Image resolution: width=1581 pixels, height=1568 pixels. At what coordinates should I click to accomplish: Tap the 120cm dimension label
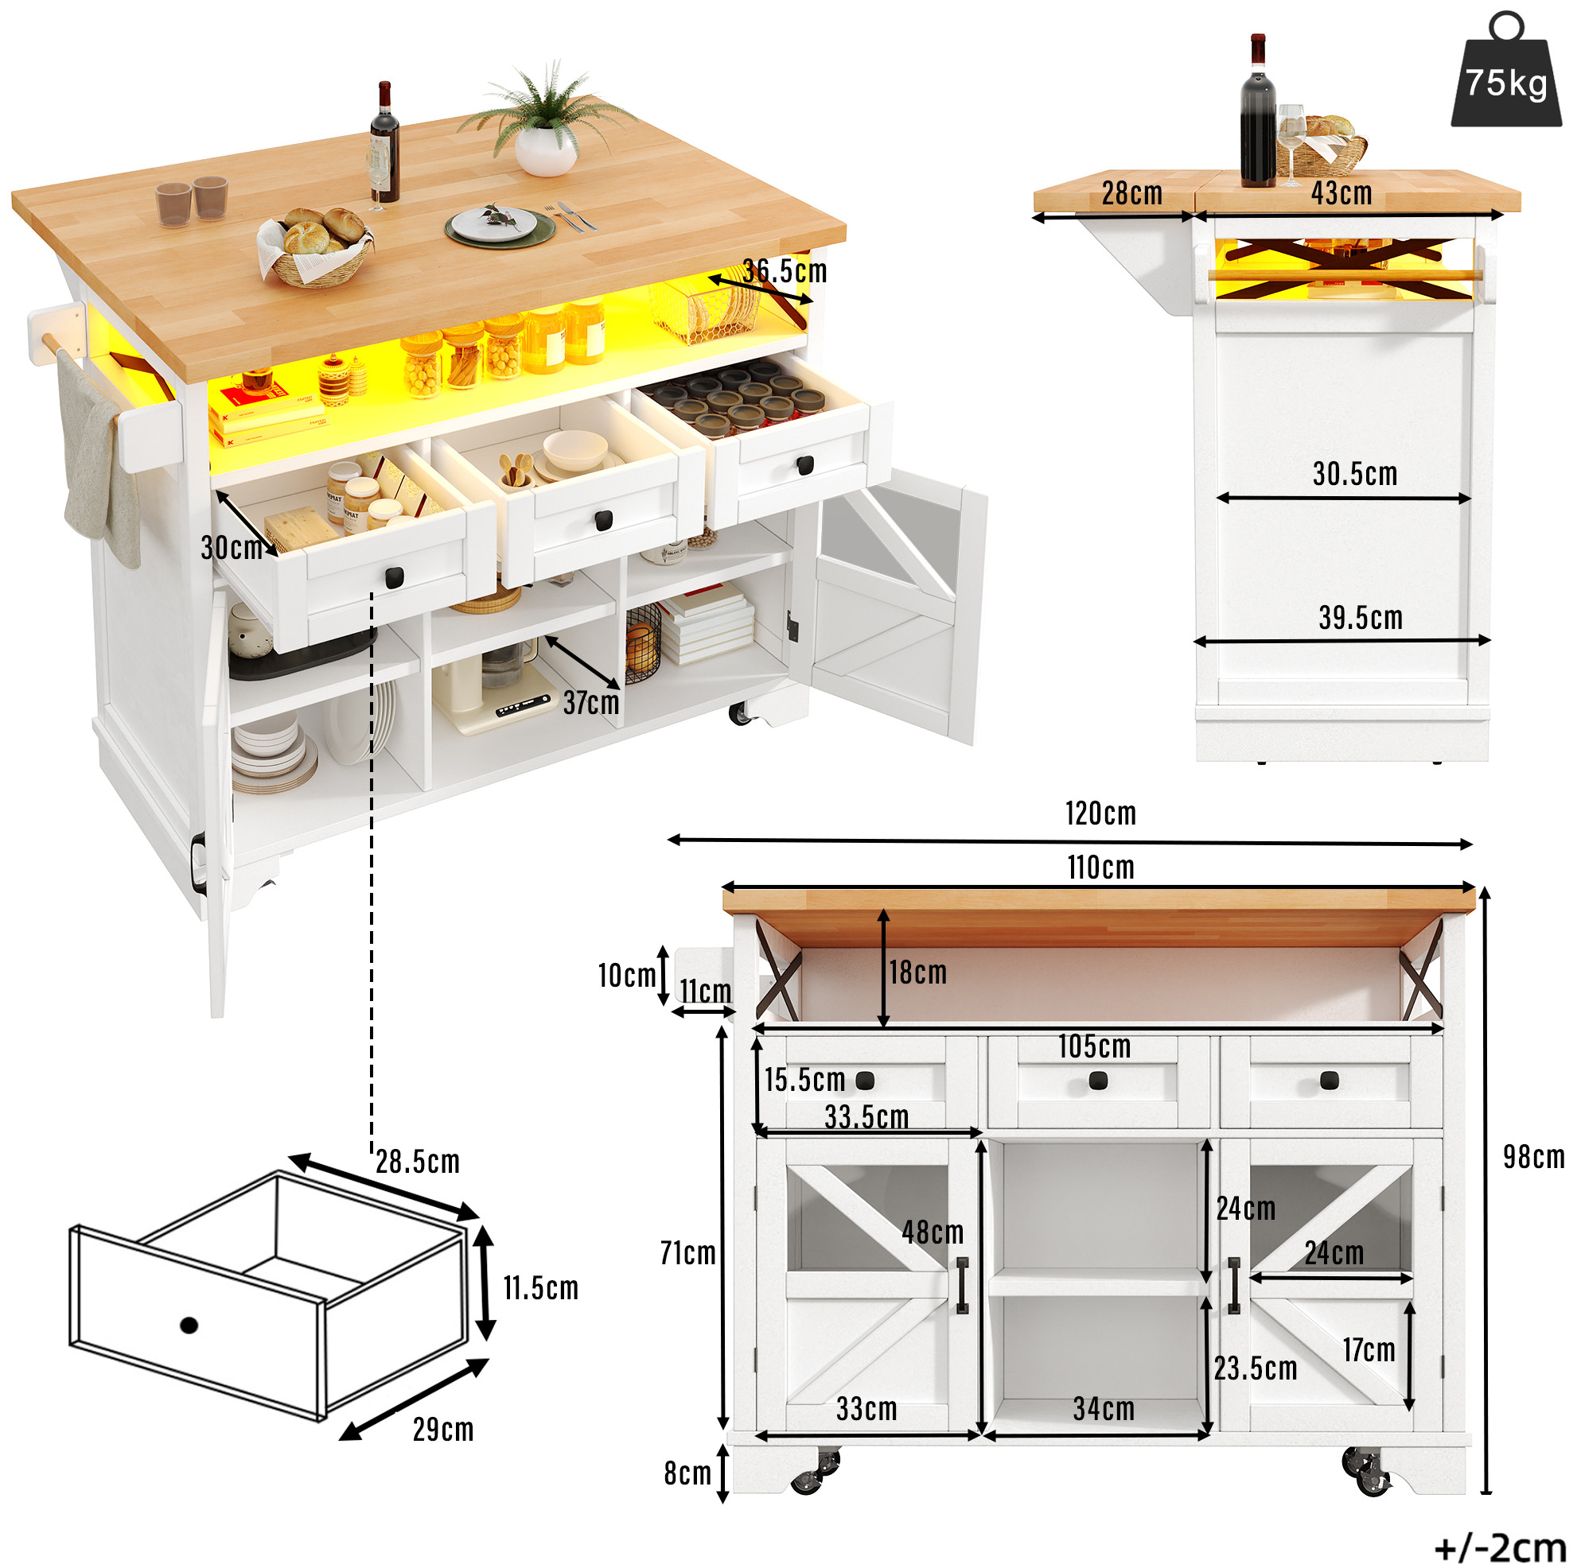[1100, 814]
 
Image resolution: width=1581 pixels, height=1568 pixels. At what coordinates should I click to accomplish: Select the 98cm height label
[1532, 1157]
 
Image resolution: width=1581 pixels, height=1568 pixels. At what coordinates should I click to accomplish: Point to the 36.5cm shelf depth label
[784, 270]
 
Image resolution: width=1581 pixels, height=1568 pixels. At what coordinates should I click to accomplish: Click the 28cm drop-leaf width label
[1131, 193]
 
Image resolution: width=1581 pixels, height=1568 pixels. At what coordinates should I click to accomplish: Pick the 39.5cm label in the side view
[1360, 618]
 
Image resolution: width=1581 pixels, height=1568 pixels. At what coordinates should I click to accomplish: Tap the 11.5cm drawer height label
[540, 1288]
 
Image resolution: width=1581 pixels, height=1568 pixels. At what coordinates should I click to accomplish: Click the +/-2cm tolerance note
[1499, 1547]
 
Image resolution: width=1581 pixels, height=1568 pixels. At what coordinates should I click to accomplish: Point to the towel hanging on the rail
[99, 458]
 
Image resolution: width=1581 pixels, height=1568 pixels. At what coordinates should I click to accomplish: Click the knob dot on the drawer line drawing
[189, 1325]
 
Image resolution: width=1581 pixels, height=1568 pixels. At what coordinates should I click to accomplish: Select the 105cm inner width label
[1094, 1046]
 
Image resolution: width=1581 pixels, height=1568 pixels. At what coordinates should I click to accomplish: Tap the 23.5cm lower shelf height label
[1255, 1368]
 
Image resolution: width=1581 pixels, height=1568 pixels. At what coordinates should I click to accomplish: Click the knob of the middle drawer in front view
[1097, 1081]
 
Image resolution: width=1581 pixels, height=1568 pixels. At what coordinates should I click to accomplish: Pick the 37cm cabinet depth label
[591, 703]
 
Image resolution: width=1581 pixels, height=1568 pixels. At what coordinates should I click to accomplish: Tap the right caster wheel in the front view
[1368, 1472]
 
